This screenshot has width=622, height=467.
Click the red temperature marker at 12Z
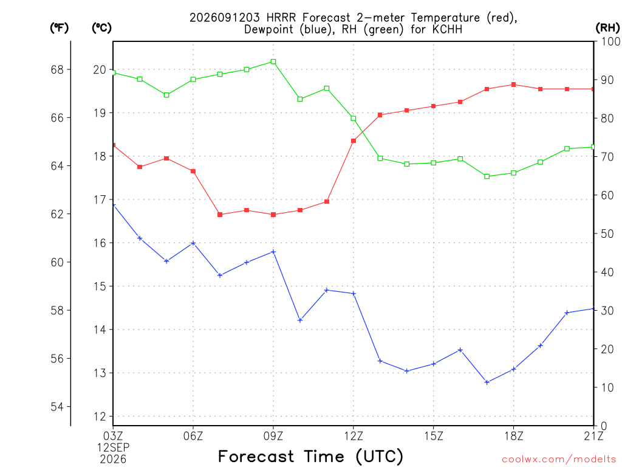pos(354,141)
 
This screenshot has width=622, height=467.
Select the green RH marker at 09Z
pos(273,61)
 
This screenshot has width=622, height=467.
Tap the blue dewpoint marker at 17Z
pos(487,382)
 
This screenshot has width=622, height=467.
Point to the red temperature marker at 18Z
pos(514,85)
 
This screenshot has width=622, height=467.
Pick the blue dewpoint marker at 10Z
pos(300,320)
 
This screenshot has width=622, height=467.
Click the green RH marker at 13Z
pos(380,159)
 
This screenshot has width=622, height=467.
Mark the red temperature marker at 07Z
pos(220,215)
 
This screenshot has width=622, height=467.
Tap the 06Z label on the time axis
pos(193,437)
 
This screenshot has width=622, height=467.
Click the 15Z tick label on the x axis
pos(434,437)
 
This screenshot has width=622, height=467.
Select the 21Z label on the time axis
pos(593,437)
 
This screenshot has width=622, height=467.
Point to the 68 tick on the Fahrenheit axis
pos(57,70)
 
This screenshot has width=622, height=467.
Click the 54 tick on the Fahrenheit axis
pos(57,407)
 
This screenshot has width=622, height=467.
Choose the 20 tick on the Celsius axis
pos(100,70)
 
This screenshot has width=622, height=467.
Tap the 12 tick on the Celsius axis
pos(100,417)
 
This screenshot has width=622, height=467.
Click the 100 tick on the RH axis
pos(610,41)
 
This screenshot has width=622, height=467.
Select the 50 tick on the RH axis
pos(607,234)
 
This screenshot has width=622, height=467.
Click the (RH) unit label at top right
pos(607,27)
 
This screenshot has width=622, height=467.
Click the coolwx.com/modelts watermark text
pos(559,460)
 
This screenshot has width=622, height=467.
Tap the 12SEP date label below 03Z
pos(114,448)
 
